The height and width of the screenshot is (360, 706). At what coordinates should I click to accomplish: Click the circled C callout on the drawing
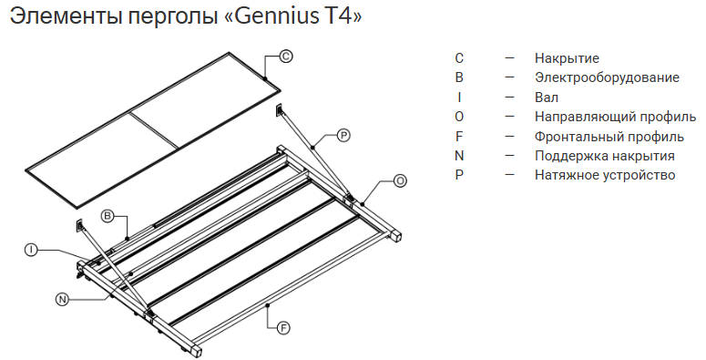286,57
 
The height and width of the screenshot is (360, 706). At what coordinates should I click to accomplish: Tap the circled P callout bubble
343,135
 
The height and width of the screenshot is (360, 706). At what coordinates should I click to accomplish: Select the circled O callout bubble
400,181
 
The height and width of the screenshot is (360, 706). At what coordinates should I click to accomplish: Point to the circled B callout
107,216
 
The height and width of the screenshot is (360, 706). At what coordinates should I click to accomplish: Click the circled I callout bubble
31,251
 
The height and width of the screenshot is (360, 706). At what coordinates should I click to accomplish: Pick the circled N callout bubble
63,299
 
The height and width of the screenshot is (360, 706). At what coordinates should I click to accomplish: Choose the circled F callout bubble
283,328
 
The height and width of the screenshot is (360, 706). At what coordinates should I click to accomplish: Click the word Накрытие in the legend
567,58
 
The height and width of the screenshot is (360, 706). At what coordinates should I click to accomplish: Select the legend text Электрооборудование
607,78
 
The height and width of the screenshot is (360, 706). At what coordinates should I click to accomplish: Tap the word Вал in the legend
547,98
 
